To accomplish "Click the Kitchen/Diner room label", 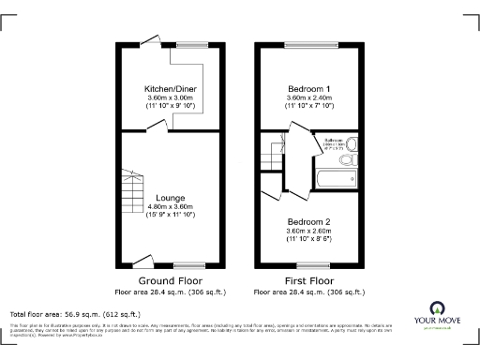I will point(171,86).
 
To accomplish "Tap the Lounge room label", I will point(171,199).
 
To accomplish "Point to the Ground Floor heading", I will point(171,280).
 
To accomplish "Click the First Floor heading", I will point(308,280).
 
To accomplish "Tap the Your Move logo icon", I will point(437,307).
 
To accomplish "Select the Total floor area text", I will point(75,314).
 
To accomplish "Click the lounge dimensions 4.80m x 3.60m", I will point(171,207).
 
